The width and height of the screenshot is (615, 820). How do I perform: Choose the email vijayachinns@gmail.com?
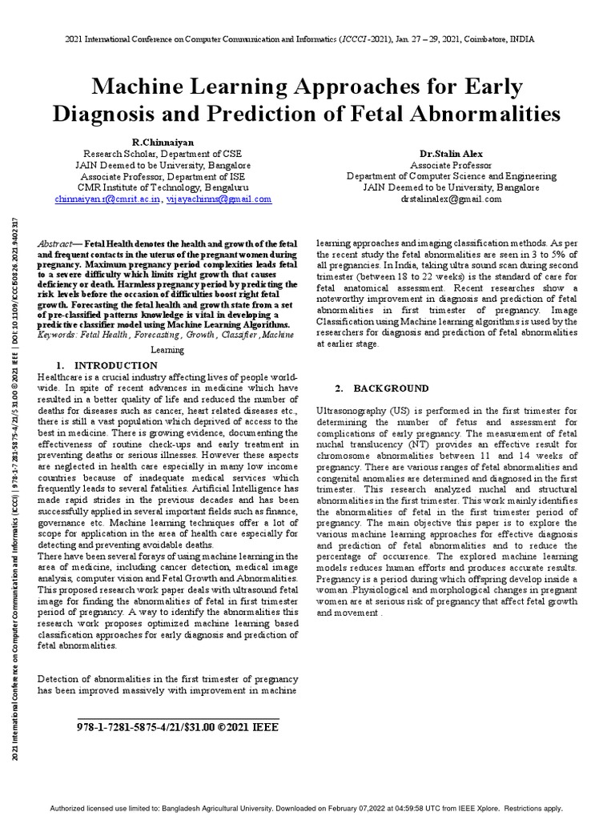(219, 199)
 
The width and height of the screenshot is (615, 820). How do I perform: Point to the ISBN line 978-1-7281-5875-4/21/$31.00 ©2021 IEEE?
(179, 728)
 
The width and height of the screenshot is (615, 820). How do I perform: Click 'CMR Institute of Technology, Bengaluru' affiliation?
(163, 187)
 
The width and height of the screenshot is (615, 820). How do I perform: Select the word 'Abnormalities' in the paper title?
(491, 114)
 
